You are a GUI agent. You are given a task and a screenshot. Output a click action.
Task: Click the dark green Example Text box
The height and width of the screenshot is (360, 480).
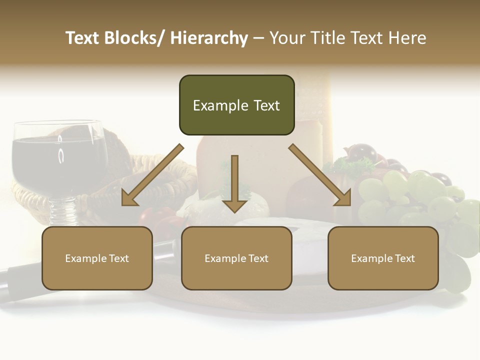point(236,105)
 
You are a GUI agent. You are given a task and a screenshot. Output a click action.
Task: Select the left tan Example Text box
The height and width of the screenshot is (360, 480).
point(97,258)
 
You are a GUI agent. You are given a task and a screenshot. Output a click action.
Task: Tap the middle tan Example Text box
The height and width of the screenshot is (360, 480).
point(236,258)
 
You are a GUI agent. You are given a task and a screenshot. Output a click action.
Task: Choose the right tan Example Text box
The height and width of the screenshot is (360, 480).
point(383,258)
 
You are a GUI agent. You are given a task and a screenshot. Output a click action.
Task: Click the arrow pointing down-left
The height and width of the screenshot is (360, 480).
point(152,175)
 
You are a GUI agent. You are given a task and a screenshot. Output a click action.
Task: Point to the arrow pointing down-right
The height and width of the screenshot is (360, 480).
point(320,175)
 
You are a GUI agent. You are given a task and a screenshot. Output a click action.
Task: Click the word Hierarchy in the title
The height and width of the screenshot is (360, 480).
point(209,38)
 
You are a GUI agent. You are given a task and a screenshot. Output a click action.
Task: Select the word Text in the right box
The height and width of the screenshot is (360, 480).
point(403,258)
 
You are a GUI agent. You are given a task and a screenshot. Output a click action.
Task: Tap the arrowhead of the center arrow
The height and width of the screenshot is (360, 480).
point(234,205)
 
